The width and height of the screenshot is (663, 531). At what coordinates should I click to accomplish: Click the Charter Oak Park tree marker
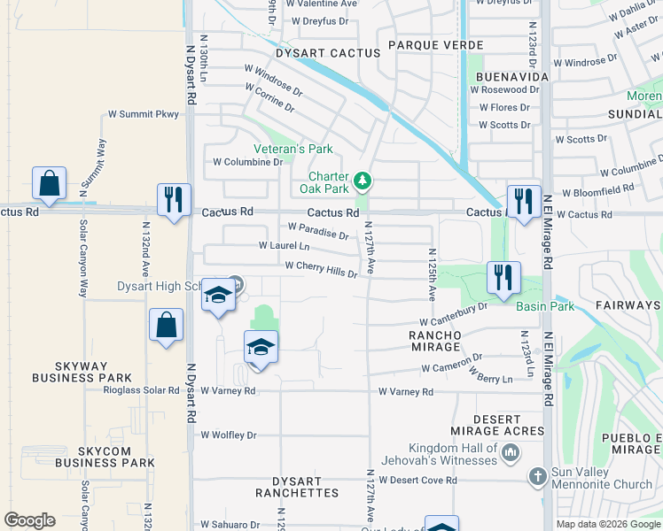pyautogui.click(x=362, y=181)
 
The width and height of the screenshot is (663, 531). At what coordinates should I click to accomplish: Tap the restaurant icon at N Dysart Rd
pyautogui.click(x=173, y=199)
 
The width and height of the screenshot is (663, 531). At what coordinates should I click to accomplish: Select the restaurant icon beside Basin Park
pyautogui.click(x=503, y=277)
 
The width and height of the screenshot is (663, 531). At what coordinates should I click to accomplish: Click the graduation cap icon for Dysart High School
pyautogui.click(x=217, y=296)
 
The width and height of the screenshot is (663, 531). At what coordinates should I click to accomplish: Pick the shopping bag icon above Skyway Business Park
pyautogui.click(x=166, y=324)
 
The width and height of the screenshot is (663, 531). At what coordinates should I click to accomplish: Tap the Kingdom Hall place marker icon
pyautogui.click(x=511, y=454)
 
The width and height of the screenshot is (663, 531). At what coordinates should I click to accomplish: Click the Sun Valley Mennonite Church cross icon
pyautogui.click(x=536, y=476)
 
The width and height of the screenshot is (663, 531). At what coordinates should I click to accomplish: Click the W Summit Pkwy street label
pyautogui.click(x=144, y=114)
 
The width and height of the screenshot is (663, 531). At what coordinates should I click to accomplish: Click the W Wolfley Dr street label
pyautogui.click(x=228, y=435)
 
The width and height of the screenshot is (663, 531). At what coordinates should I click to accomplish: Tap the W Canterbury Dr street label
pyautogui.click(x=454, y=313)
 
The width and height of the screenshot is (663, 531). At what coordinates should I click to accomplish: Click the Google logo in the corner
pyautogui.click(x=29, y=521)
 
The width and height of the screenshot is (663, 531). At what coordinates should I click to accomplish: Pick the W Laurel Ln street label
pyautogui.click(x=284, y=246)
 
